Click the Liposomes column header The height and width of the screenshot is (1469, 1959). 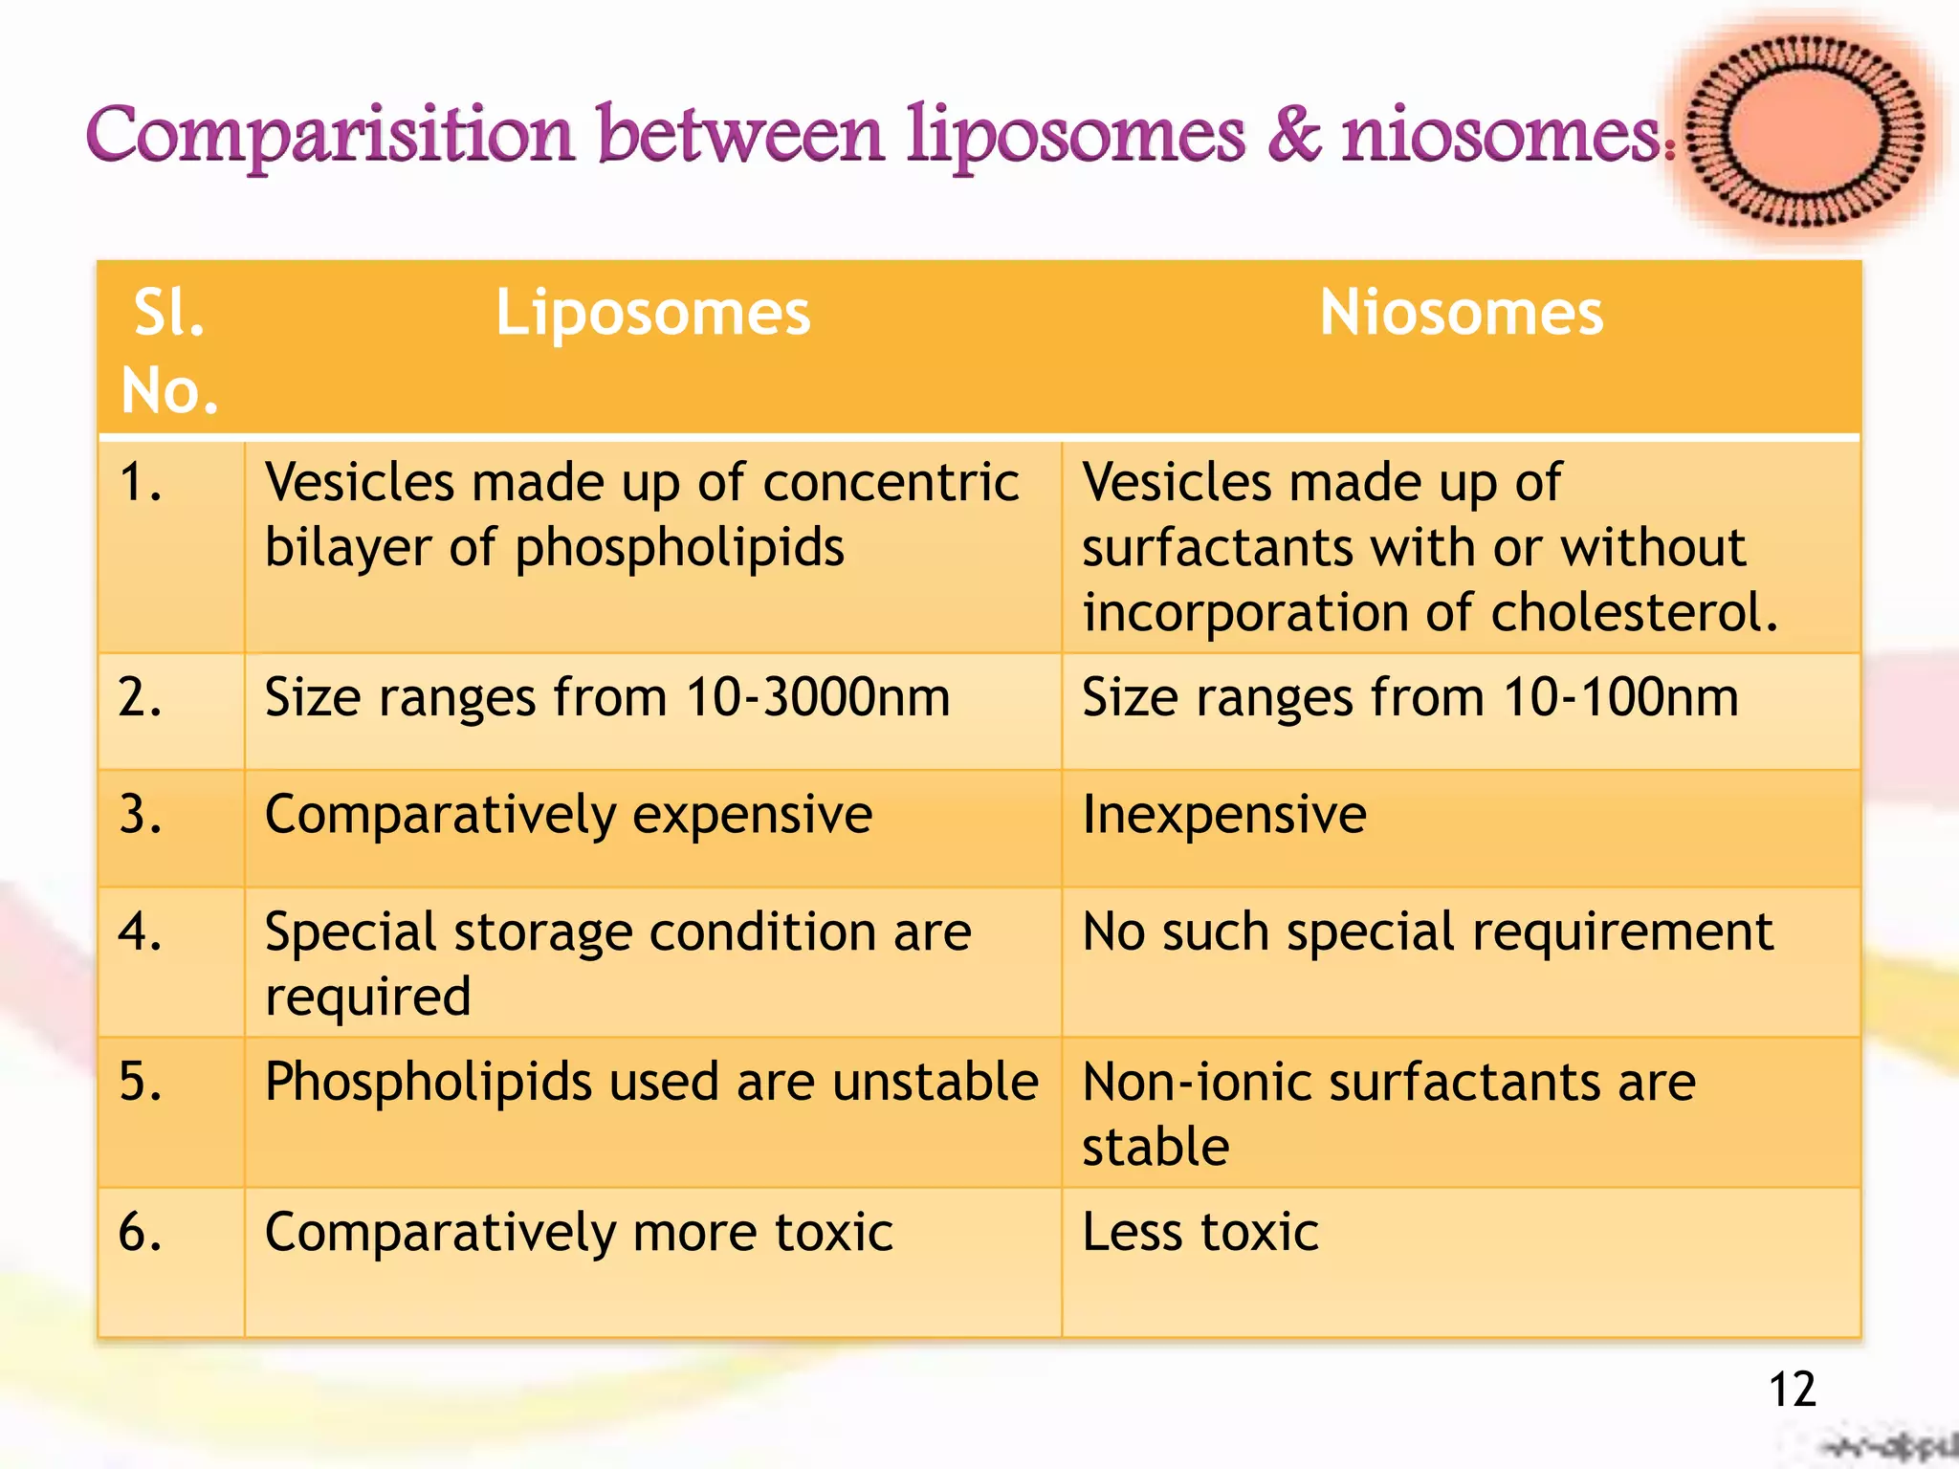coord(652,314)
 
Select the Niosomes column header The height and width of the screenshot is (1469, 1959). coord(1461,314)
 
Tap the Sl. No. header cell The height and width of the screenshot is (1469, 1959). coord(170,352)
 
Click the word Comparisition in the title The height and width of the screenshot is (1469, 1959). coord(330,136)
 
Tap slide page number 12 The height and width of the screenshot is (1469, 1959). coord(1792,1390)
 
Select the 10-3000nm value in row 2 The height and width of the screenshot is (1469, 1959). coord(818,697)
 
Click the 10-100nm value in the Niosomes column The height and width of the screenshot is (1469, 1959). coord(1620,697)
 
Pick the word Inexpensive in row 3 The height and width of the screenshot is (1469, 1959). coord(1223,816)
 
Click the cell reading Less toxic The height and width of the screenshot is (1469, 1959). coord(1200,1232)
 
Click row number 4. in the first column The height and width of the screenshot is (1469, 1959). coord(140,932)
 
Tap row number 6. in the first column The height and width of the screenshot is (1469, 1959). coord(140,1232)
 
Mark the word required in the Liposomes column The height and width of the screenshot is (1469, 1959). coord(368,998)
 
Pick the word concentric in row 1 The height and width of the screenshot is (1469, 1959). coord(891,482)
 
